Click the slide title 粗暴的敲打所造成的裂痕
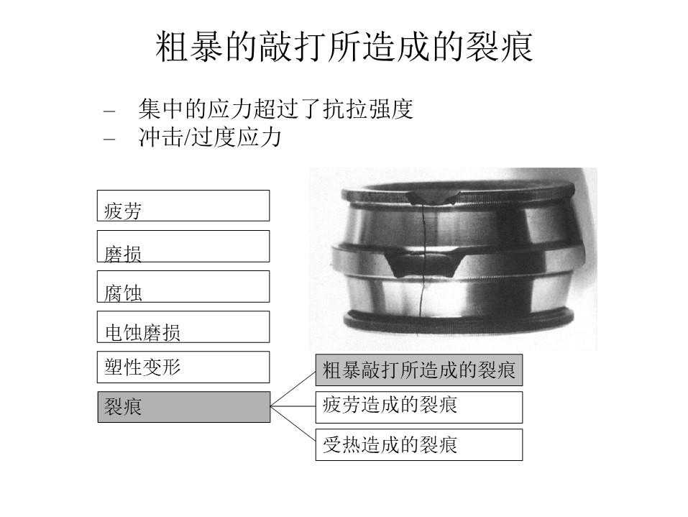coord(344,47)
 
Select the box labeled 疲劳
coord(183,206)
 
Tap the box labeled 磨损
coord(183,246)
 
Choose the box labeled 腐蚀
coord(183,287)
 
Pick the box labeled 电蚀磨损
coord(183,327)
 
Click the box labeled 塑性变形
coord(183,367)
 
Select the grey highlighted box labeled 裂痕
coord(184,407)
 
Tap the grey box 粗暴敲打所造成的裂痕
coord(419,370)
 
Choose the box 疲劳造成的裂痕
coord(419,407)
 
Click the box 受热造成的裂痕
coord(419,444)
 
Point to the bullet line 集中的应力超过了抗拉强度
coord(275,109)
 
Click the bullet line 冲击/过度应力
coord(210,137)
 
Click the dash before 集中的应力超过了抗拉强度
coord(109,111)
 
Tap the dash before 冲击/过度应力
coord(109,139)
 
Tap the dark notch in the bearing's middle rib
coord(423,262)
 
